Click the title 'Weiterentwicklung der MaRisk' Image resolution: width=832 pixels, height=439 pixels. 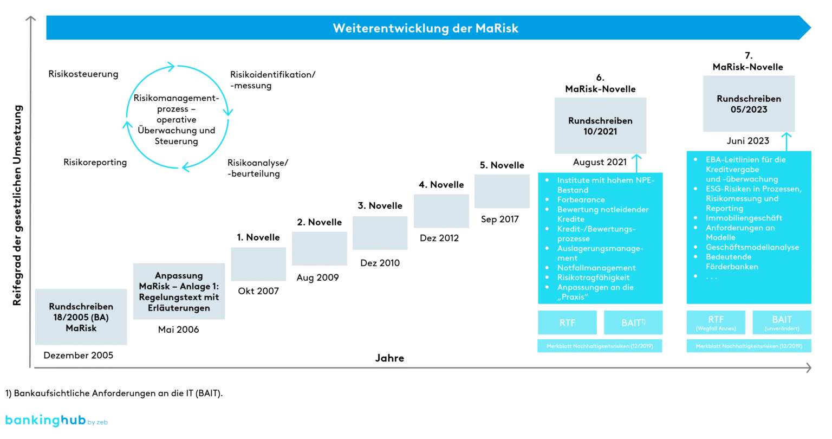(x=425, y=28)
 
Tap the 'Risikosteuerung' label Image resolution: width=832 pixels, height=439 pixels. (x=83, y=74)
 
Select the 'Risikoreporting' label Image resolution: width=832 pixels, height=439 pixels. (x=95, y=162)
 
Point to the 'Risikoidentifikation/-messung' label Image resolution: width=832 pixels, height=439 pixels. (x=272, y=80)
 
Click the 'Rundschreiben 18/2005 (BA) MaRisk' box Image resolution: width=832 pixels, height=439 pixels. (x=81, y=317)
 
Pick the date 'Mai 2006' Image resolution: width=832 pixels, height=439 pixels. (x=178, y=330)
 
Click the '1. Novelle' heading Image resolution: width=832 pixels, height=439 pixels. (x=258, y=237)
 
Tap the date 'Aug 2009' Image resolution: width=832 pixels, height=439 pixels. (x=317, y=277)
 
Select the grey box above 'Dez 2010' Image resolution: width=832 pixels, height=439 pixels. (x=380, y=233)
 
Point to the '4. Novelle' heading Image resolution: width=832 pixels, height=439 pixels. (x=441, y=185)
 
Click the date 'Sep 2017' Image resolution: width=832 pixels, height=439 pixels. (x=499, y=219)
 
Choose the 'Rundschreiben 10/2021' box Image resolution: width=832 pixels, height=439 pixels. (x=600, y=126)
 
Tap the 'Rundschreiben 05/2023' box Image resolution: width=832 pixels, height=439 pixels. (x=749, y=104)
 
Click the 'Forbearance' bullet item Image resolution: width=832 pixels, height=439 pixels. (x=581, y=200)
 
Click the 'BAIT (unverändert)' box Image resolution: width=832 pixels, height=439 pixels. (x=782, y=322)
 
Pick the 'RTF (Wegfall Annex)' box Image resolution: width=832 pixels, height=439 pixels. (x=716, y=322)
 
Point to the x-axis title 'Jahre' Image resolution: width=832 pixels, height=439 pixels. (x=389, y=358)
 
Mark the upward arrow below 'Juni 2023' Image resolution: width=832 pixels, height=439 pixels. (x=786, y=141)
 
